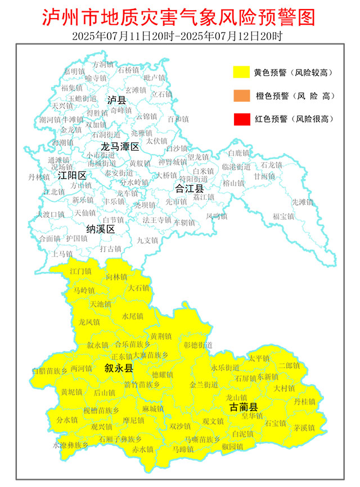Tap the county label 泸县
coord(117,100)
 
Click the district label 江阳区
coord(72,175)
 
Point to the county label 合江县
coord(189,188)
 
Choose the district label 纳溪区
coord(100,229)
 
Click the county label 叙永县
coord(119,368)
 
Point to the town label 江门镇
coord(80,271)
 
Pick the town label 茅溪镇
coord(304,427)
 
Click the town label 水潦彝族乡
coord(70,445)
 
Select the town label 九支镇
coord(148,240)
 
